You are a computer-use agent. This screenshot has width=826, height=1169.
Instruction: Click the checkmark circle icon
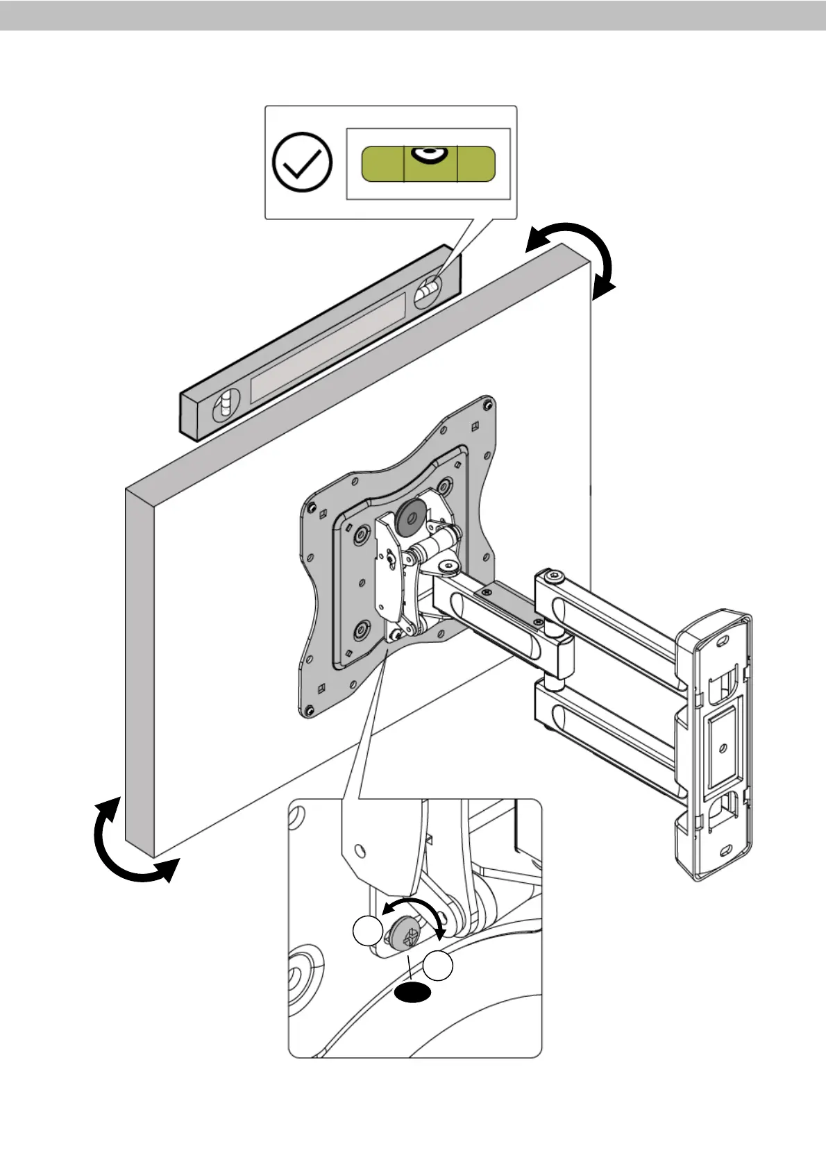pyautogui.click(x=303, y=162)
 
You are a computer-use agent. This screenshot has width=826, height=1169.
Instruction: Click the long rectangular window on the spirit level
pyautogui.click(x=328, y=347)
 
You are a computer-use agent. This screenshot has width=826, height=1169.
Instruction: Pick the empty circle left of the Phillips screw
pyautogui.click(x=368, y=932)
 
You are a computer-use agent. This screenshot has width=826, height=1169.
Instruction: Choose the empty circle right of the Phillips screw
pyautogui.click(x=439, y=967)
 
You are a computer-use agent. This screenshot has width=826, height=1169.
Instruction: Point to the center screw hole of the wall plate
pyautogui.click(x=724, y=748)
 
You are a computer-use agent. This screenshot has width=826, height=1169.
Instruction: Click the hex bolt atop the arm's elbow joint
pyautogui.click(x=552, y=578)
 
